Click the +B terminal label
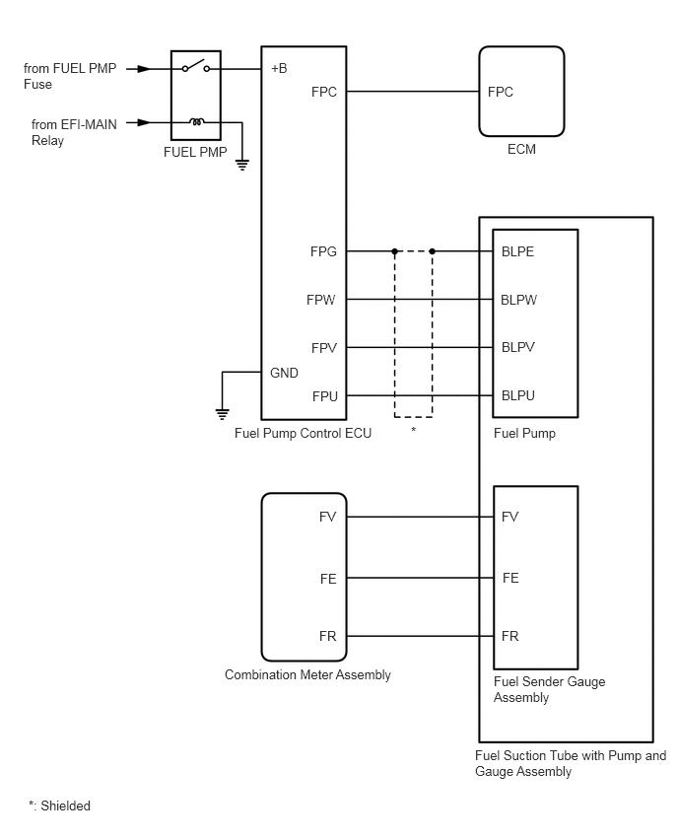[x=279, y=69]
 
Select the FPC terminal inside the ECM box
[x=501, y=92]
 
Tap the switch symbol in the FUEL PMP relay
[x=195, y=66]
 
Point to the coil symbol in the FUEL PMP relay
[x=196, y=122]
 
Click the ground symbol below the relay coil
[x=242, y=165]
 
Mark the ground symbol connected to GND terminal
[x=223, y=414]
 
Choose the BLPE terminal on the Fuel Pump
[x=517, y=251]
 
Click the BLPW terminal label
[x=518, y=300]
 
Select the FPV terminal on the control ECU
[x=324, y=348]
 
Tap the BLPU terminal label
[x=518, y=395]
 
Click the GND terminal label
[x=284, y=373]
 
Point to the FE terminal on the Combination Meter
[x=328, y=579]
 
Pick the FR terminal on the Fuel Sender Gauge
[x=509, y=637]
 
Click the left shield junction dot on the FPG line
[x=395, y=251]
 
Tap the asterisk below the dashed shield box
[x=414, y=430]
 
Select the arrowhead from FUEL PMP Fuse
[x=144, y=69]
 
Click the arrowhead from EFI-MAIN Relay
[x=144, y=122]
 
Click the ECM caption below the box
[x=521, y=149]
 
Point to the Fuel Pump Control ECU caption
[x=304, y=433]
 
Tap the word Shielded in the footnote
[x=65, y=805]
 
